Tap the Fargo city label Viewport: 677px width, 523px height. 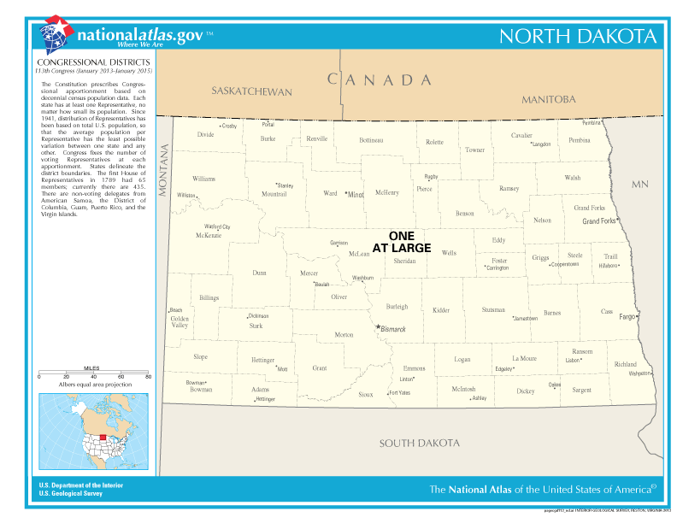(627, 317)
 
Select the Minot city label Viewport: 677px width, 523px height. (355, 195)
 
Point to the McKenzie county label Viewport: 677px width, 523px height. (209, 235)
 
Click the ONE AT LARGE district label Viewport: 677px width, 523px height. (402, 242)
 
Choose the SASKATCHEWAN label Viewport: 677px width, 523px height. (251, 91)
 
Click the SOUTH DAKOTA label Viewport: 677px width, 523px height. (420, 443)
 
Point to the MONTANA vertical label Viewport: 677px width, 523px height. (165, 172)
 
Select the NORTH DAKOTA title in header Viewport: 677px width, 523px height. (578, 37)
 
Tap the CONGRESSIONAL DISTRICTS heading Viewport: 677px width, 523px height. (94, 62)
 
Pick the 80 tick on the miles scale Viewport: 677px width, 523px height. (148, 376)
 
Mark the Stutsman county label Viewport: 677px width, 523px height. (493, 309)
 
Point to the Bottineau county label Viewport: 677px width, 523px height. (371, 139)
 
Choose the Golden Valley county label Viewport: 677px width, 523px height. (180, 321)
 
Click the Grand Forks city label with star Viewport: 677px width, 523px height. (600, 221)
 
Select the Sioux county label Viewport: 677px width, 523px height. (365, 394)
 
